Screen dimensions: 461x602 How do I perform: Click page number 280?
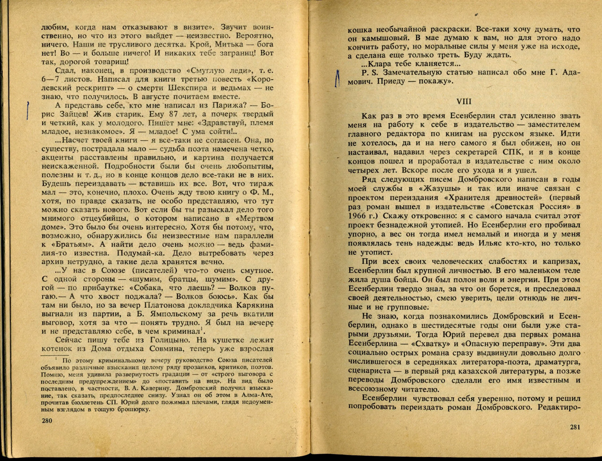pyautogui.click(x=47, y=429)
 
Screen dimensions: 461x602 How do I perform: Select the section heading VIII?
pyautogui.click(x=464, y=102)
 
